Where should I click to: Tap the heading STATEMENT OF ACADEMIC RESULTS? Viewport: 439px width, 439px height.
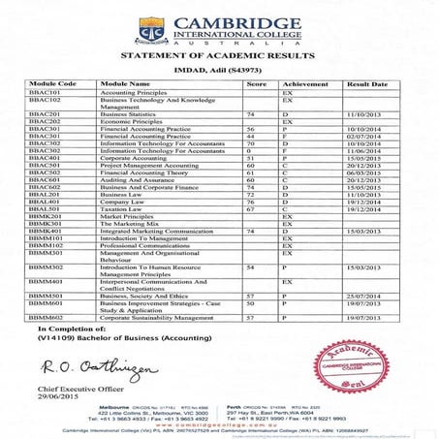(x=219, y=58)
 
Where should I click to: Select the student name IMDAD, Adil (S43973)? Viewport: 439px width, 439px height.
(x=219, y=72)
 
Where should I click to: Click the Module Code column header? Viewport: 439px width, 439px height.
(x=53, y=84)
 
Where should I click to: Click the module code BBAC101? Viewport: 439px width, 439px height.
(x=45, y=92)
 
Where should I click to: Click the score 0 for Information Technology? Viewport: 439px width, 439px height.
(x=250, y=150)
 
